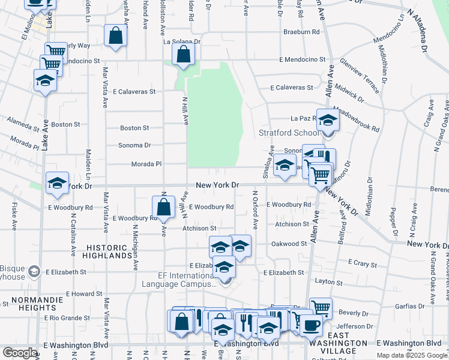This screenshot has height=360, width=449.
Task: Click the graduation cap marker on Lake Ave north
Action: (45, 81)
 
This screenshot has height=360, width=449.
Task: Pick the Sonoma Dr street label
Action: (134, 145)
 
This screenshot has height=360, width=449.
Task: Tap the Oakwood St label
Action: (289, 244)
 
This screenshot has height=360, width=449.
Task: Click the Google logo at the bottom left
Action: (20, 352)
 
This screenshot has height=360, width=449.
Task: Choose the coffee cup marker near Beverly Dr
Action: (310, 326)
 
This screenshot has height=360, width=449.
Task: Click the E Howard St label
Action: (84, 294)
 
